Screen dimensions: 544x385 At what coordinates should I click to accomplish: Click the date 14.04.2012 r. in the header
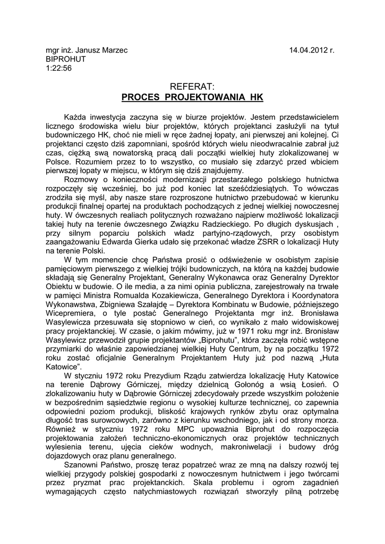(x=312, y=50)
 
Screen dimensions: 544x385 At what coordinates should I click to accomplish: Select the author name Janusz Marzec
(x=98, y=50)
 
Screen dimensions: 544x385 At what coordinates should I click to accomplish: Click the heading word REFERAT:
(x=192, y=86)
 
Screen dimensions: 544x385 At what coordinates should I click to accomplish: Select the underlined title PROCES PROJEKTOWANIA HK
(x=192, y=97)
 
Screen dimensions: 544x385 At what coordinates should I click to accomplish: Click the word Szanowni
(x=81, y=465)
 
